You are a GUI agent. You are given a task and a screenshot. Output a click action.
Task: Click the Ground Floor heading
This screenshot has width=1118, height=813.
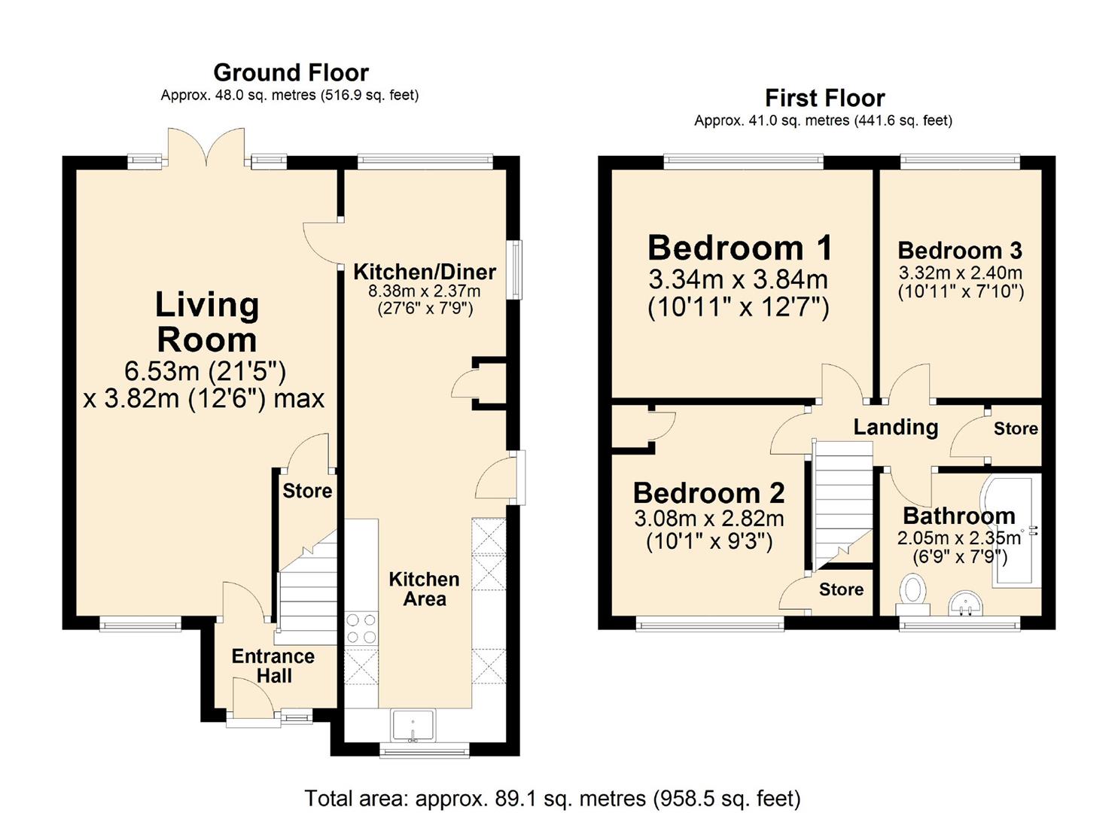(x=291, y=73)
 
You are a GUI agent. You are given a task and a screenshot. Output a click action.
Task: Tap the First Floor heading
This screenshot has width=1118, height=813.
(x=825, y=99)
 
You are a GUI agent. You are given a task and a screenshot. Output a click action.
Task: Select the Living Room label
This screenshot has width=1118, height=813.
(x=206, y=322)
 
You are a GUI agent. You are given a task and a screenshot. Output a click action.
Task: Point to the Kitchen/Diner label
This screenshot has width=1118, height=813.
(x=425, y=272)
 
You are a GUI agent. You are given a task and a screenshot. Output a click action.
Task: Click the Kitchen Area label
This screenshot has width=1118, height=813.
(x=425, y=589)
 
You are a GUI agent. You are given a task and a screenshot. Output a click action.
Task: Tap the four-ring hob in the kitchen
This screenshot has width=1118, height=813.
(x=361, y=629)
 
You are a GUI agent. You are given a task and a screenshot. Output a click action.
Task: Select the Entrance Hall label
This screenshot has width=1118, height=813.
(x=273, y=665)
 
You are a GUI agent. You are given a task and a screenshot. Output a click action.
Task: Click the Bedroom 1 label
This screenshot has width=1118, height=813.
(x=739, y=248)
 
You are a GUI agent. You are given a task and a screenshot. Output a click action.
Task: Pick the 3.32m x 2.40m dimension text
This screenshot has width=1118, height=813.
(x=961, y=273)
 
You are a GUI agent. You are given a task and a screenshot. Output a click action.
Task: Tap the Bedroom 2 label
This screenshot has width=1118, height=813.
(x=708, y=493)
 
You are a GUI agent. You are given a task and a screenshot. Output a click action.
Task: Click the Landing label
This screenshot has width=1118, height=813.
(x=896, y=428)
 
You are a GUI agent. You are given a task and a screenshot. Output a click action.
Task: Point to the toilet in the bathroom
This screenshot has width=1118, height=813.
(x=913, y=595)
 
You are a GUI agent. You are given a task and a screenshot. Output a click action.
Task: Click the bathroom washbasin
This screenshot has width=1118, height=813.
(x=965, y=604)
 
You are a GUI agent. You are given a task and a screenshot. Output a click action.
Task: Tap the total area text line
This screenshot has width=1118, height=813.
(x=553, y=799)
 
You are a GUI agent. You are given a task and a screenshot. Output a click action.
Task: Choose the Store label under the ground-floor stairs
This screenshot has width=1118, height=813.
(x=307, y=491)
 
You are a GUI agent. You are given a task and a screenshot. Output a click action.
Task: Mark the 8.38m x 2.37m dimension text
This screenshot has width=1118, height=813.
(x=425, y=291)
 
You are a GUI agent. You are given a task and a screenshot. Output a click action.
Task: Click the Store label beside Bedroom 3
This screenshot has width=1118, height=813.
(x=1016, y=429)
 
